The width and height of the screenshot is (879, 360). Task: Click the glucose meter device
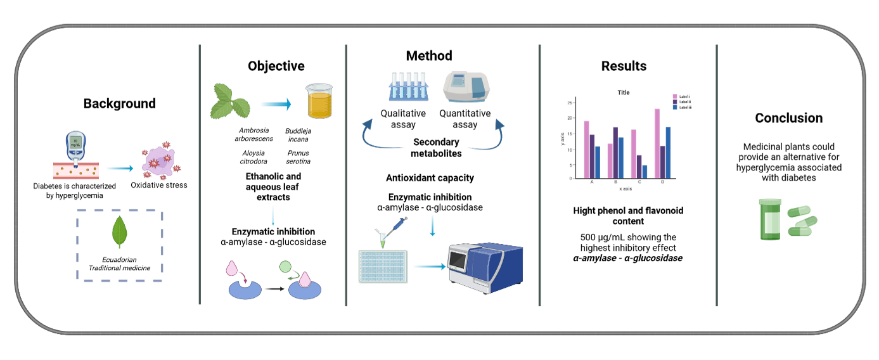pyautogui.click(x=75, y=147)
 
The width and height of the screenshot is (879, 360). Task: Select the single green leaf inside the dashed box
pyautogui.click(x=119, y=232)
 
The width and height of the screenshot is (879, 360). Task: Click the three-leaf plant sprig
pyautogui.click(x=229, y=101)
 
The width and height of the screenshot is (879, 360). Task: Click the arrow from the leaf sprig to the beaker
pyautogui.click(x=276, y=104)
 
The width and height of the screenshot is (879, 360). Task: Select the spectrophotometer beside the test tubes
pyautogui.click(x=466, y=86)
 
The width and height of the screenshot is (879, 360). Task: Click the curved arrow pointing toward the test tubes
pyautogui.click(x=380, y=136)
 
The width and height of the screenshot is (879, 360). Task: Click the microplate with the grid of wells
pyautogui.click(x=383, y=267)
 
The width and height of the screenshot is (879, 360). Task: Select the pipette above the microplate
pyautogui.click(x=394, y=229)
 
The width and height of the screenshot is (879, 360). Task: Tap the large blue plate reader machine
pyautogui.click(x=485, y=267)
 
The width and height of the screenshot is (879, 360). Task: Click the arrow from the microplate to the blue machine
pyautogui.click(x=429, y=266)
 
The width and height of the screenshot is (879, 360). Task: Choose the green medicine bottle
pyautogui.click(x=770, y=219)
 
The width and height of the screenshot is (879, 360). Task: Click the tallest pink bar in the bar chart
pyautogui.click(x=657, y=143)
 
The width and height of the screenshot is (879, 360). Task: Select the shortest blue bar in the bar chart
pyautogui.click(x=645, y=172)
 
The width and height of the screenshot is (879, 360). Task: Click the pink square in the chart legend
pyautogui.click(x=675, y=96)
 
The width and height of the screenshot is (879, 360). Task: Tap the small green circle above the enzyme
pyautogui.click(x=285, y=267)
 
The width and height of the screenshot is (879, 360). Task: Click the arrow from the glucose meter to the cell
pyautogui.click(x=119, y=168)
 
